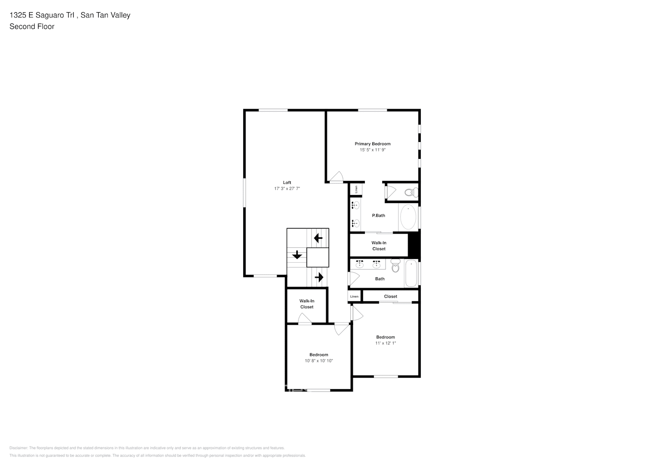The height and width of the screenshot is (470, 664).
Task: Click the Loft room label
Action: point(287,182)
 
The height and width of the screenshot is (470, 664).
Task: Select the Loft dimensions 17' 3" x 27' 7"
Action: point(287,188)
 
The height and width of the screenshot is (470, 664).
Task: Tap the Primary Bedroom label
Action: point(372,144)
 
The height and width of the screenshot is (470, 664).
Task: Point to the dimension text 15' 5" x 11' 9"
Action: point(372,150)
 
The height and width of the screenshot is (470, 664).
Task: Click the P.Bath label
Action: point(378,216)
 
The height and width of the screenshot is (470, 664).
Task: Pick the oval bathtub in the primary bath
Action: point(408,217)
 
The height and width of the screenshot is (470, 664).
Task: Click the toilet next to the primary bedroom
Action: point(411,192)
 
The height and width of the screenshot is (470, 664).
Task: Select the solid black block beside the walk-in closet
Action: point(414,245)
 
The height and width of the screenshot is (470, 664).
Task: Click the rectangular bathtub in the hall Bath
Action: point(411,273)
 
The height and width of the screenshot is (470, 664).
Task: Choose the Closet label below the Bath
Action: point(390,297)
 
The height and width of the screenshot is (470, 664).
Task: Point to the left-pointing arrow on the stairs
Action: point(318,238)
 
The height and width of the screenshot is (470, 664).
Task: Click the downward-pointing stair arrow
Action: point(297,255)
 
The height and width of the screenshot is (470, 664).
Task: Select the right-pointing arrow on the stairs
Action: point(319,277)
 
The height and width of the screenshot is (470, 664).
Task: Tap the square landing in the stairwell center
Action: point(318,258)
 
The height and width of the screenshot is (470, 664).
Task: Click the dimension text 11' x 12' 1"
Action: point(386,343)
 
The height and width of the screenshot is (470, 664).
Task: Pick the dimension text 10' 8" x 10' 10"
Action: point(319,361)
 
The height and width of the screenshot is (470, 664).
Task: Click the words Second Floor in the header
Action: point(32,27)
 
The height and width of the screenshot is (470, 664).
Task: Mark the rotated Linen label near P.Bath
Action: point(356,189)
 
